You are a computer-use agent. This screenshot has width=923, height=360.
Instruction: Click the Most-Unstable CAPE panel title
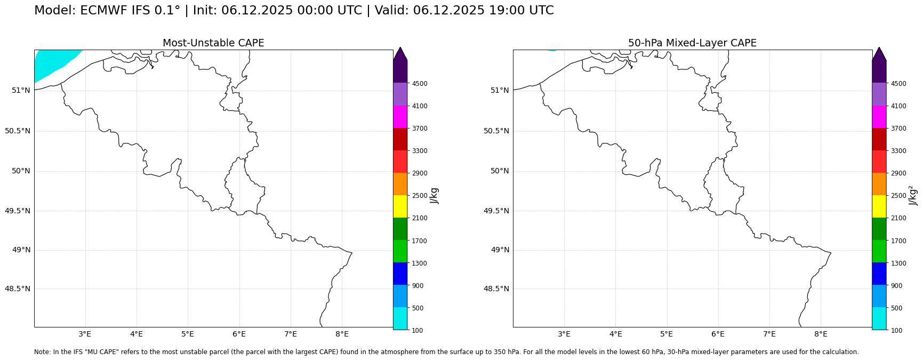click(x=213, y=43)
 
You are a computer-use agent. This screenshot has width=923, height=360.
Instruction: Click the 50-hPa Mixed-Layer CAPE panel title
click(x=692, y=43)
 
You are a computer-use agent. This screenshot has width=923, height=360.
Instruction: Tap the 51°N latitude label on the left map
click(x=21, y=90)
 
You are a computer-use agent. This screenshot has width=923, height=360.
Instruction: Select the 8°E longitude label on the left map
click(x=342, y=334)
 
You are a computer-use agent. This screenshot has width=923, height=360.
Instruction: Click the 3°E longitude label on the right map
click(x=564, y=334)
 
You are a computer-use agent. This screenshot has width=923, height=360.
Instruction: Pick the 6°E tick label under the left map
click(x=239, y=334)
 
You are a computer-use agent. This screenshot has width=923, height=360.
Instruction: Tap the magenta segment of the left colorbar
click(x=400, y=117)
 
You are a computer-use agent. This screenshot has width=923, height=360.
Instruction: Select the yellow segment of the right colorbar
click(x=879, y=206)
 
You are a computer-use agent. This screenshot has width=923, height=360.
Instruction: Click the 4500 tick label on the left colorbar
click(x=419, y=84)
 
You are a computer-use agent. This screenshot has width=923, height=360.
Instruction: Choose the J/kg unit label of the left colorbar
click(x=435, y=195)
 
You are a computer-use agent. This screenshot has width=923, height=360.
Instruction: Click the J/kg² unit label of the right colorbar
click(x=914, y=195)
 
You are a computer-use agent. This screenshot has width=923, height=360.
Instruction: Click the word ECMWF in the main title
click(x=100, y=11)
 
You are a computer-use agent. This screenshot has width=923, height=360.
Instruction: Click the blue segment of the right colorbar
click(x=879, y=274)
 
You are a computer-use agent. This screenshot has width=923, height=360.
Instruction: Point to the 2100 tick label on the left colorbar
click(x=419, y=218)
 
